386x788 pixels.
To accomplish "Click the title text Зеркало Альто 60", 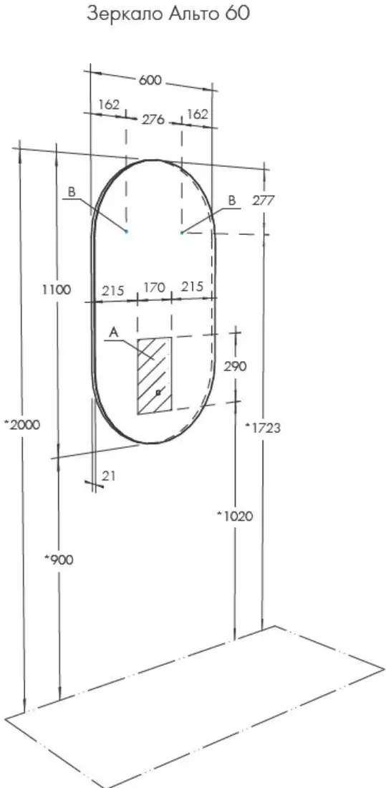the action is (x=168, y=14).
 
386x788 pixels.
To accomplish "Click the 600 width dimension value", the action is (x=150, y=80).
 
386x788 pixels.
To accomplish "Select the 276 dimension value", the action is (x=153, y=120).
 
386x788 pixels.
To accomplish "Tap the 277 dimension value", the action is (x=263, y=201).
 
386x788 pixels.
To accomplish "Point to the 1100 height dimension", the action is (x=57, y=289).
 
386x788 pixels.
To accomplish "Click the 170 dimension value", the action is (x=154, y=288).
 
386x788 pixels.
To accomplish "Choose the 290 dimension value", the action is (x=235, y=366).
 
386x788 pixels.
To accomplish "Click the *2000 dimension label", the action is (x=21, y=425).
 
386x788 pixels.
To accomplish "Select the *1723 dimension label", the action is (x=262, y=428).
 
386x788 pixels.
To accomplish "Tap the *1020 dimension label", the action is (x=235, y=516).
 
